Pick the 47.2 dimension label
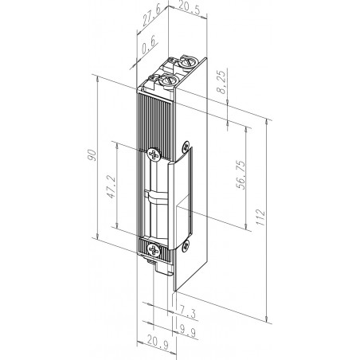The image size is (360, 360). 112,191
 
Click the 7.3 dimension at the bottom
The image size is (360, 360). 187,308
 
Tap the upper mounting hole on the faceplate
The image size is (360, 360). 187,146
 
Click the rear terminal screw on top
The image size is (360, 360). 186,61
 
